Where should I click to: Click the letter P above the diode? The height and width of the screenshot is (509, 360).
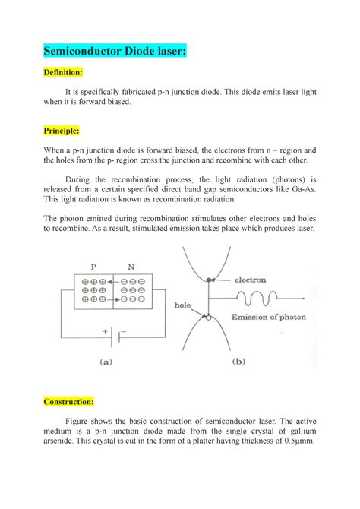click(x=93, y=267)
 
